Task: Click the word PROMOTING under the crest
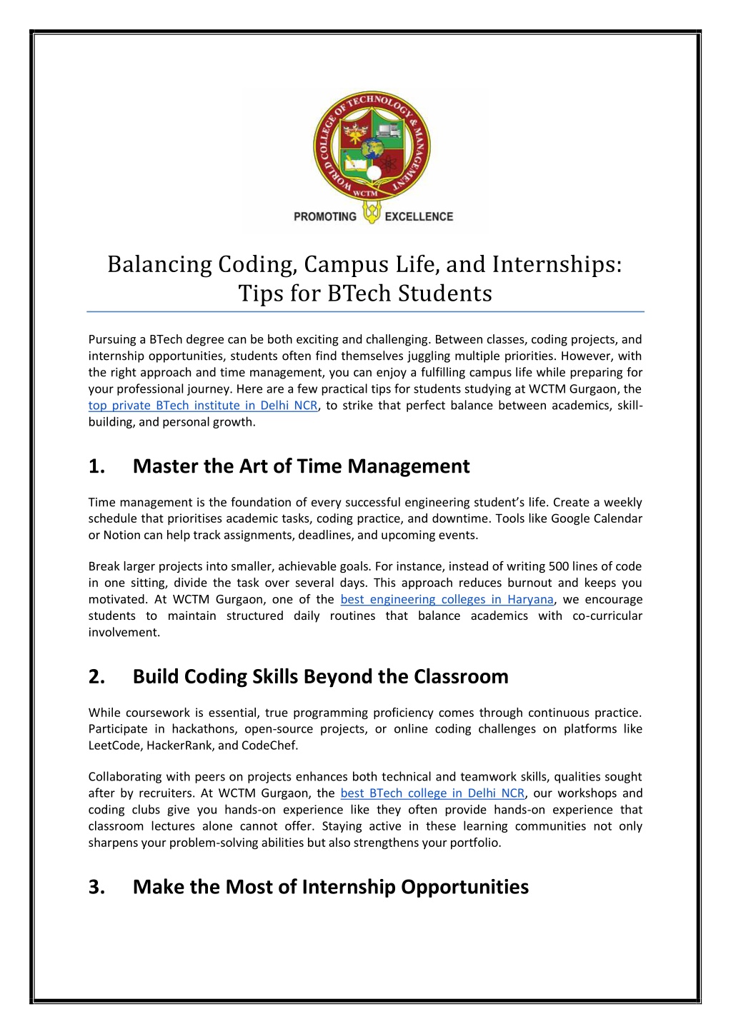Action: tap(324, 216)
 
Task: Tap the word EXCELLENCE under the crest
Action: tap(419, 216)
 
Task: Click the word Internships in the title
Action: tap(557, 264)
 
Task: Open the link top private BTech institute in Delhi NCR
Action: tap(203, 406)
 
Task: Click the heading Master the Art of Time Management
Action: tap(301, 466)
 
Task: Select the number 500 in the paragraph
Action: tap(559, 566)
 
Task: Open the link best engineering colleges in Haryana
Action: tap(447, 599)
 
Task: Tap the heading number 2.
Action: tap(96, 676)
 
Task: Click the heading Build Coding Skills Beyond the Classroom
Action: tap(320, 676)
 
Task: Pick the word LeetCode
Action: tap(115, 746)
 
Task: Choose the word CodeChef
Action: tap(271, 746)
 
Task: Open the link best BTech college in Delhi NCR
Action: tap(432, 793)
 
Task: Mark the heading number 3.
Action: tap(96, 887)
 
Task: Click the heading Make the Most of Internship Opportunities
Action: tap(331, 887)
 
